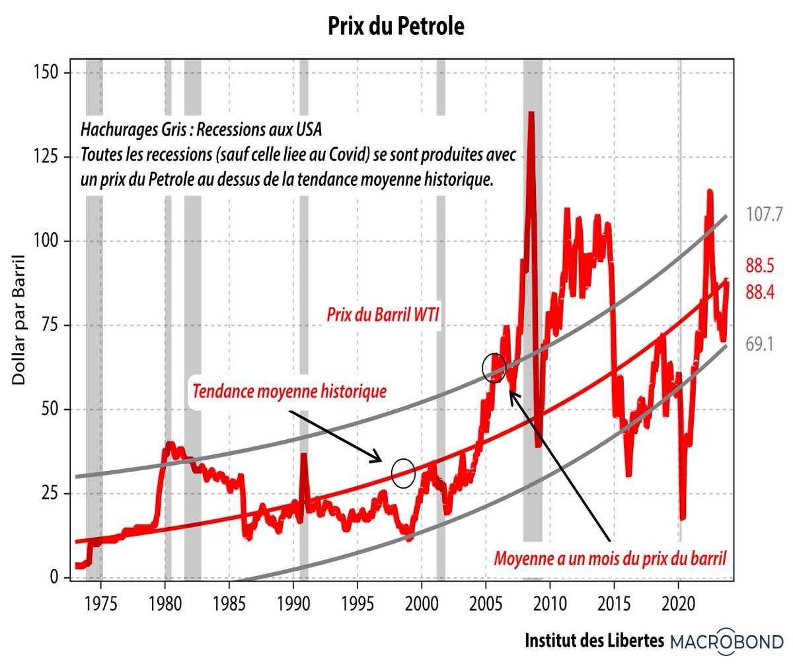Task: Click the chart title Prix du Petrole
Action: pos(397,26)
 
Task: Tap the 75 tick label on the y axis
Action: pos(49,325)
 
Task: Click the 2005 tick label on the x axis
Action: pos(486,604)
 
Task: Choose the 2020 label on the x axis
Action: pos(679,604)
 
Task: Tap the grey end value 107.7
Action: pos(764,214)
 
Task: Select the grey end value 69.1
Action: pos(759,344)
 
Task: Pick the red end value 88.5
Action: pos(760,266)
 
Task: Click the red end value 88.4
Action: pos(760,292)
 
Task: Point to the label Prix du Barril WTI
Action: pos(383,314)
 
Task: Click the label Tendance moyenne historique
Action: pos(289,391)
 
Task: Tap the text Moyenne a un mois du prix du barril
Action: pos(610,559)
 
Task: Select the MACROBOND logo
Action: pos(727,640)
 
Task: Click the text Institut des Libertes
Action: pos(594,640)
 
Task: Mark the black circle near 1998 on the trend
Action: pos(403,473)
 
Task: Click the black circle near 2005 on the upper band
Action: pos(494,368)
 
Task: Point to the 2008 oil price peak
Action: pos(531,114)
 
